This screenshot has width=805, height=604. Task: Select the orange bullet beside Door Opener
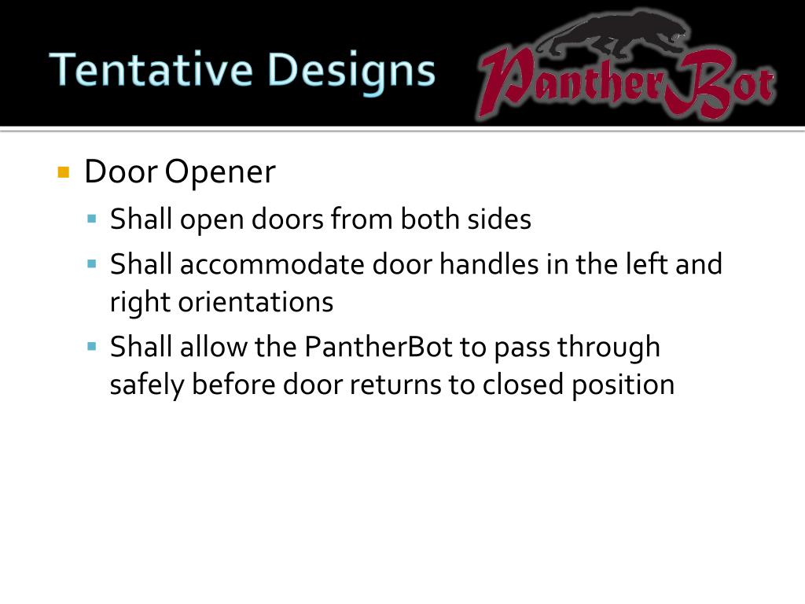coord(64,172)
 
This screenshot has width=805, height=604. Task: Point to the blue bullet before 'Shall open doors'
coord(92,218)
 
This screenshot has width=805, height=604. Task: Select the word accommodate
coord(272,264)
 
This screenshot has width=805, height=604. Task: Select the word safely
coord(147,385)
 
